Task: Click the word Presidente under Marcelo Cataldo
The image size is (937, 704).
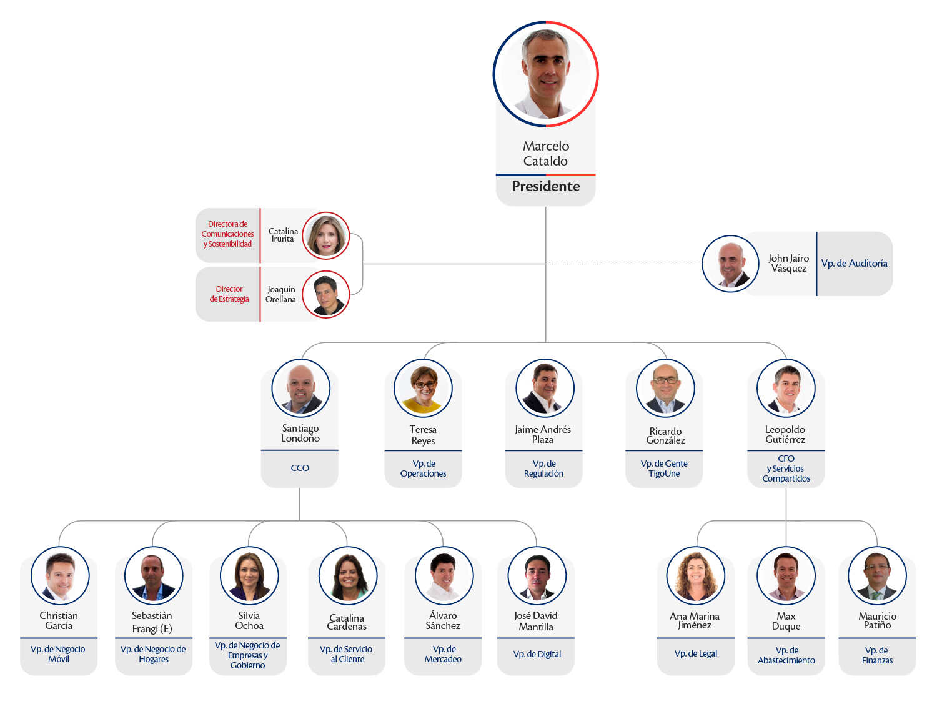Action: click(x=545, y=186)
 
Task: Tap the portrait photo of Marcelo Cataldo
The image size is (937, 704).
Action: click(x=545, y=74)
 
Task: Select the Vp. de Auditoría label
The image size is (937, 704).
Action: click(x=854, y=264)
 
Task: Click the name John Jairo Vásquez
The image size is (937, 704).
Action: click(x=788, y=264)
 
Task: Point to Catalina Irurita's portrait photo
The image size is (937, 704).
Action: click(x=325, y=235)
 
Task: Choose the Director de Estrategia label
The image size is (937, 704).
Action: click(x=229, y=294)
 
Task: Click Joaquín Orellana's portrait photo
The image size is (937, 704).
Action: click(x=325, y=294)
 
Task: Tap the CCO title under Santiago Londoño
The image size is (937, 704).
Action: click(x=300, y=468)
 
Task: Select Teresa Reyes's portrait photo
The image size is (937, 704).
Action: click(x=423, y=388)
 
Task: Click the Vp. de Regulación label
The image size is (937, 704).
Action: click(x=543, y=469)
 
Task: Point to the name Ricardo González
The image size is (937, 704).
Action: click(x=665, y=435)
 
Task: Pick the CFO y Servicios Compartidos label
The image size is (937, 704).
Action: click(x=786, y=469)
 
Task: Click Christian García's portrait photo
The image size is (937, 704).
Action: click(x=60, y=575)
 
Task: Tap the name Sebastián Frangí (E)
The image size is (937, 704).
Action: click(x=152, y=622)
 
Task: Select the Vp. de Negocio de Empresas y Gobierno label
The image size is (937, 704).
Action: click(x=247, y=655)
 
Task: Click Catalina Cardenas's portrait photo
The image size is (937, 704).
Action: click(x=348, y=575)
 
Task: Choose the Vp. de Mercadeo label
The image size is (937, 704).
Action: click(x=443, y=654)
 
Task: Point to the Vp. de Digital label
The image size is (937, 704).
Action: click(x=537, y=654)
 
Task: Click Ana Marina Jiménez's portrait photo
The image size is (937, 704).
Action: click(x=696, y=575)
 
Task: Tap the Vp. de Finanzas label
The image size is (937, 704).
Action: click(x=877, y=655)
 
